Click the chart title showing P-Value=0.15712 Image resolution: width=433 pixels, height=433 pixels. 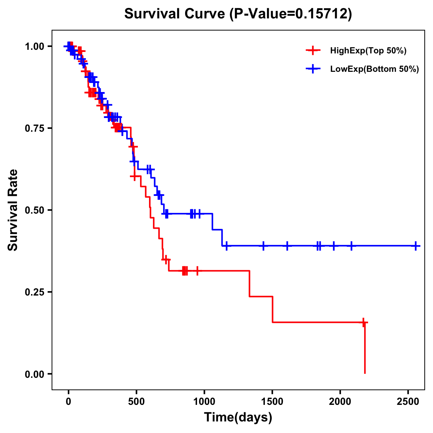coord(238,14)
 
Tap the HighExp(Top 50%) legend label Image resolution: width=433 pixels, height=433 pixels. coord(368,51)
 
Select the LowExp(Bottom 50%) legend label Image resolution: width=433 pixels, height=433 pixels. coord(375,69)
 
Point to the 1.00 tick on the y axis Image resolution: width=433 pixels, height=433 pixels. coord(34,47)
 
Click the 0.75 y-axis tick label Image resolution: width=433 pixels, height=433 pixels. coord(34,128)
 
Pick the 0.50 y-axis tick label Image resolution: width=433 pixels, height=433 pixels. coord(34,210)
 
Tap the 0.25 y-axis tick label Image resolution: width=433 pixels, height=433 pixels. coord(34,292)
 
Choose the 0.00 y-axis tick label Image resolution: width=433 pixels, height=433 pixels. coord(34,374)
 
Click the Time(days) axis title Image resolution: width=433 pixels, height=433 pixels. coord(238,417)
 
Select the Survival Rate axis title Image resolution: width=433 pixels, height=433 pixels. coord(13,210)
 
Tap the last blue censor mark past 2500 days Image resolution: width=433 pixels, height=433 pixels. coord(416,246)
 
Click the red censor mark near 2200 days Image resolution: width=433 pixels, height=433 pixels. coord(364,322)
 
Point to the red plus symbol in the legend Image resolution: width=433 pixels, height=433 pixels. coord(313,51)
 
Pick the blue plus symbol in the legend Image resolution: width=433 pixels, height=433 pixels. coord(313,69)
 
